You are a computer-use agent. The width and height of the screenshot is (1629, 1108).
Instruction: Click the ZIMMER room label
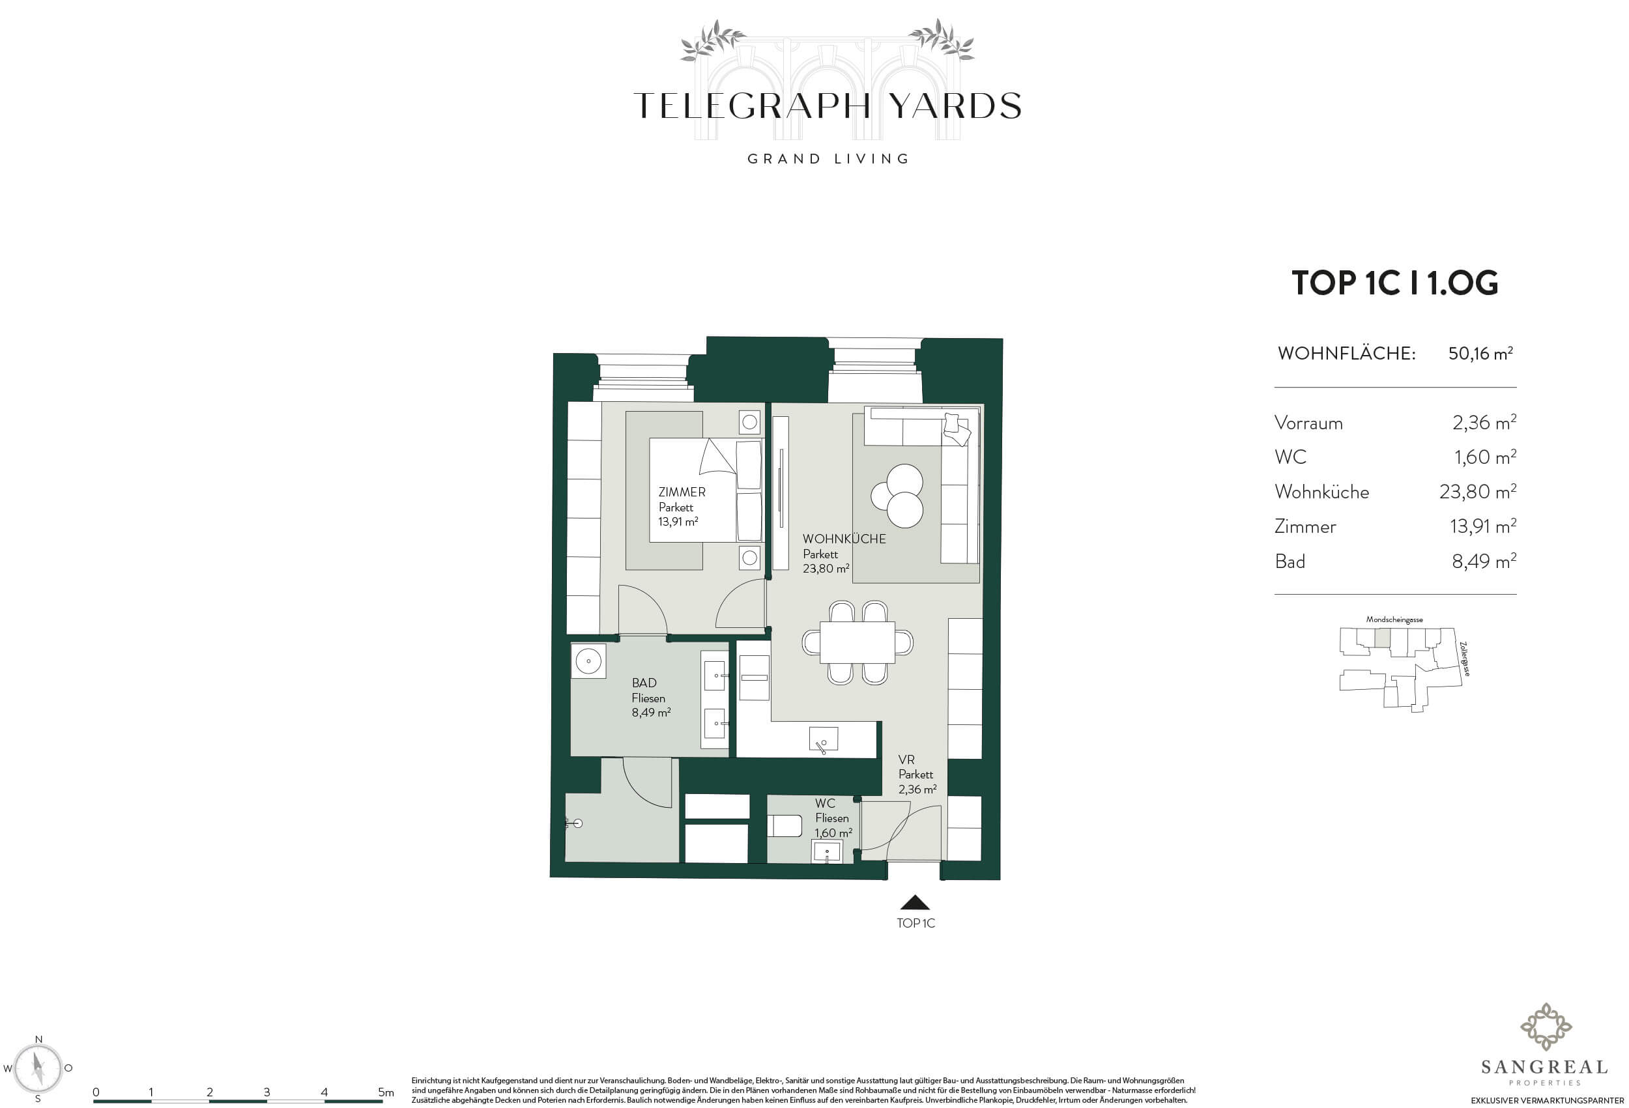(682, 492)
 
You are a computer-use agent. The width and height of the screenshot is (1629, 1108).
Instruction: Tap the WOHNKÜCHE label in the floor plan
(844, 539)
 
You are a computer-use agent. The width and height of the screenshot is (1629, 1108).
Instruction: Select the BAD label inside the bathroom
(644, 683)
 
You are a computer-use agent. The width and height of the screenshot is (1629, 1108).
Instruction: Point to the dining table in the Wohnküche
(858, 643)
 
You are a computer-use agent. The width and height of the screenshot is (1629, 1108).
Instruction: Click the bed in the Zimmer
(705, 490)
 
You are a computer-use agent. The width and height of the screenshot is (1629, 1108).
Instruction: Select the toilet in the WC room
(785, 825)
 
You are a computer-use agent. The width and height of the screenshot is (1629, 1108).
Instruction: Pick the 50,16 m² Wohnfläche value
(1480, 353)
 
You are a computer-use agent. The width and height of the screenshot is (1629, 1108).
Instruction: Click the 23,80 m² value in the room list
(1478, 491)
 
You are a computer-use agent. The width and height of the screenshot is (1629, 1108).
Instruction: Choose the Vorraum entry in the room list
(1308, 423)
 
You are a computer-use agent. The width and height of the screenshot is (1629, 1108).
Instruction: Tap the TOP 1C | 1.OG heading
(1395, 283)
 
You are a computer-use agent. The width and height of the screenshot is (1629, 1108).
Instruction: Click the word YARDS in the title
(955, 106)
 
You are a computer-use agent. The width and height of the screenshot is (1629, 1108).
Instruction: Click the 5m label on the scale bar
(386, 1092)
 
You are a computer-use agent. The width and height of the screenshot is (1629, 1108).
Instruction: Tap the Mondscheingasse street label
(1394, 619)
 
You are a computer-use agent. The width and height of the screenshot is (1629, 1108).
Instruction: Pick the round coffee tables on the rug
(898, 496)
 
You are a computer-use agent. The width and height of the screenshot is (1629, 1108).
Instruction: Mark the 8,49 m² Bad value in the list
(1484, 561)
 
